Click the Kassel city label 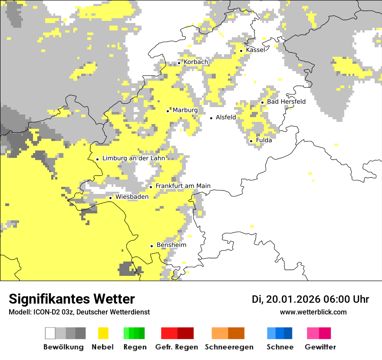[255, 50]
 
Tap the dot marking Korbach [179, 63]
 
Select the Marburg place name [185, 110]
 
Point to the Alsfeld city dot [211, 118]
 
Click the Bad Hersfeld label [286, 102]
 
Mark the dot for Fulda [251, 141]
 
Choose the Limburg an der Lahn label [133, 158]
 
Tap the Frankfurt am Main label [183, 186]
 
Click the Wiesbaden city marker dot [111, 198]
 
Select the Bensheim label [171, 245]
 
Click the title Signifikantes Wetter [72, 299]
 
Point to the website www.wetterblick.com [313, 312]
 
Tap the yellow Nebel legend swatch [103, 333]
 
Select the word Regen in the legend [135, 347]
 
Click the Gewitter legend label [320, 347]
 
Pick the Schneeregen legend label [229, 347]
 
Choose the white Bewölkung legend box [50, 333]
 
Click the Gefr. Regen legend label [177, 347]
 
